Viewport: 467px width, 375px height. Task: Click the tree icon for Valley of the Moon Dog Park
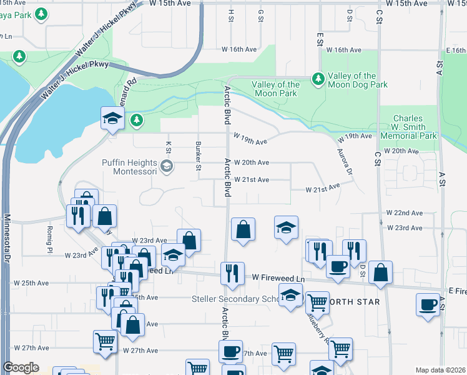[x=318, y=78]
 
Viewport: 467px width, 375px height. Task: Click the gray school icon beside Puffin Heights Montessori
[x=166, y=166]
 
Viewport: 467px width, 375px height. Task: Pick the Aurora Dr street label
[x=345, y=162]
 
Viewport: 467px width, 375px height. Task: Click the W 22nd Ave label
[x=404, y=213]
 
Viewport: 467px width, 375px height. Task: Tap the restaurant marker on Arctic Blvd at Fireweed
[x=232, y=273]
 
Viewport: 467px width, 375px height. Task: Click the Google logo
[x=21, y=367]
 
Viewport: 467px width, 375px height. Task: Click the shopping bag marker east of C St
[x=380, y=272]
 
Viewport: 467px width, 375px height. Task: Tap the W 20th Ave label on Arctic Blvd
[x=247, y=162]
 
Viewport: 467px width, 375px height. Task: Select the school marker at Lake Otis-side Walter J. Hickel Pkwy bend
[x=111, y=118]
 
